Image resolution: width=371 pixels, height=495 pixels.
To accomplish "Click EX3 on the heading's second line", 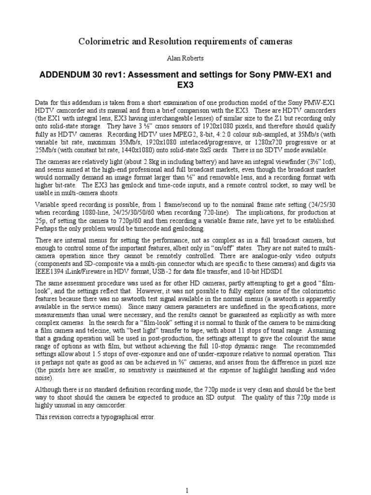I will point(185,87).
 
